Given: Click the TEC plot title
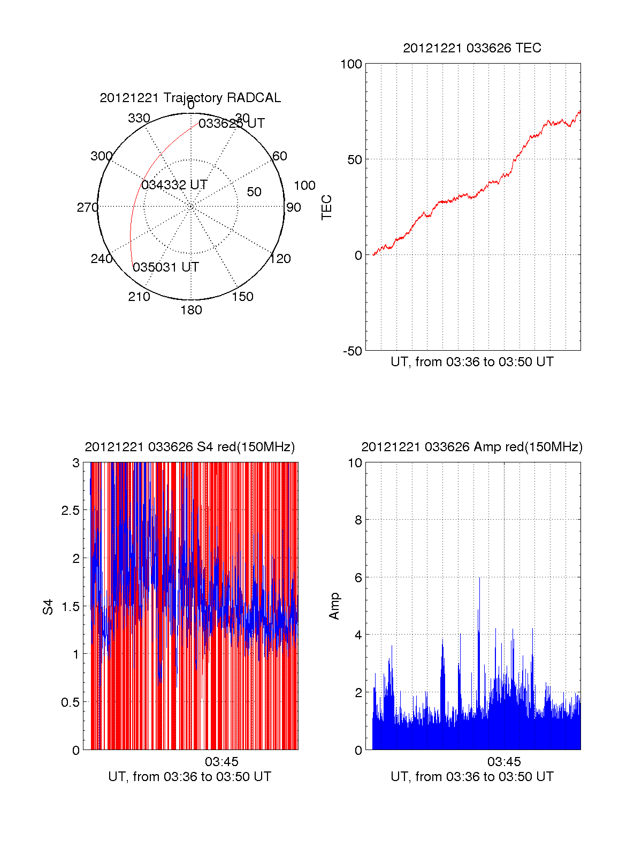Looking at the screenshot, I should click(x=472, y=48).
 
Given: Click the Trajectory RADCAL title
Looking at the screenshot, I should click(x=190, y=98).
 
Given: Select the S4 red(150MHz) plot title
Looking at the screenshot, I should click(x=190, y=447).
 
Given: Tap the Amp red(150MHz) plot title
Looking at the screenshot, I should click(x=472, y=447).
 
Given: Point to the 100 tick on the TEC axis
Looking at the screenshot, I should click(x=351, y=64).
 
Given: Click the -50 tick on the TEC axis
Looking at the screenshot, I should click(x=353, y=351).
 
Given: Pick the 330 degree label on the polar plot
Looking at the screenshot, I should click(x=139, y=118).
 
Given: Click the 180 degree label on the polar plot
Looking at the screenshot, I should click(x=191, y=310).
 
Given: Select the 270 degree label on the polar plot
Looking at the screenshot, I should click(x=87, y=207).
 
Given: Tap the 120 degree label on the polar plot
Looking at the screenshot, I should click(x=280, y=259).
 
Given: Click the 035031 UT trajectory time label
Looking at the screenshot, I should click(x=166, y=267).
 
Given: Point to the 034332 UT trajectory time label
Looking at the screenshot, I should click(x=174, y=185).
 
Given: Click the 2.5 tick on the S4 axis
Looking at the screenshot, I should click(x=70, y=511).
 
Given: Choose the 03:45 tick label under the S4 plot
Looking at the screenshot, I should click(x=221, y=761).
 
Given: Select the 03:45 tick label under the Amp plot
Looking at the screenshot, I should click(x=504, y=761).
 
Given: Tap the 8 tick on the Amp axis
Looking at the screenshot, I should click(x=358, y=520).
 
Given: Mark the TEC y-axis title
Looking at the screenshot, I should click(x=326, y=207).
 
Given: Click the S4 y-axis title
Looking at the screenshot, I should click(x=48, y=607).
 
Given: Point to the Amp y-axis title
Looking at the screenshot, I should click(x=334, y=606).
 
